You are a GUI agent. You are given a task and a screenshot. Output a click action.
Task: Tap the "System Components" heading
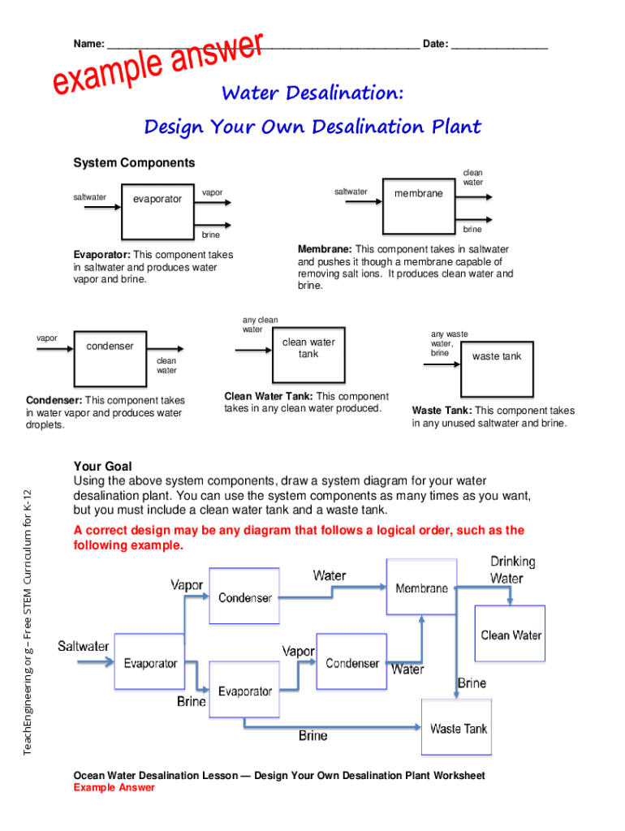[134, 163]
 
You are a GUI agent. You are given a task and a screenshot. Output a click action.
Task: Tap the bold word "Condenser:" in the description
[54, 400]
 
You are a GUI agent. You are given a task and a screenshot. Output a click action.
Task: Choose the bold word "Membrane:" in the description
[325, 249]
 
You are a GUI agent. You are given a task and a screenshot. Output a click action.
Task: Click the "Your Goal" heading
[102, 467]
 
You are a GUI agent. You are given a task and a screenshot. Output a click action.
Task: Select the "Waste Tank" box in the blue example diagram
[458, 728]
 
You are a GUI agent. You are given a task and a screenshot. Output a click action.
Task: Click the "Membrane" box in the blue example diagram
[421, 588]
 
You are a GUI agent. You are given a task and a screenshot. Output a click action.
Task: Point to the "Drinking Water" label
[512, 570]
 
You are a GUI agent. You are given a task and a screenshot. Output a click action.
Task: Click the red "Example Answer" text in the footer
[114, 787]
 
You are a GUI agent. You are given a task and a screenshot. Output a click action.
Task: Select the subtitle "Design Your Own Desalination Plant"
[312, 127]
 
